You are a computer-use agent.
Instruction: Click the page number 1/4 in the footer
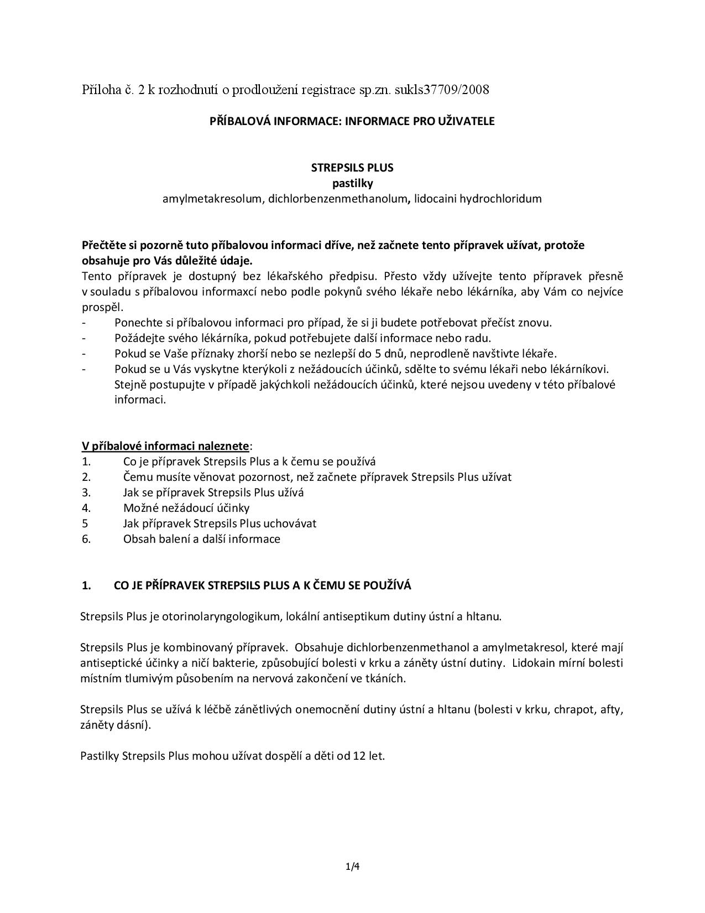coord(352,867)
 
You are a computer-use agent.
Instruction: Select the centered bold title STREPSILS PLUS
coord(352,167)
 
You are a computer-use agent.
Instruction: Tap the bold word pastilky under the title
coord(352,183)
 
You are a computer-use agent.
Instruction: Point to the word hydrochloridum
coord(503,198)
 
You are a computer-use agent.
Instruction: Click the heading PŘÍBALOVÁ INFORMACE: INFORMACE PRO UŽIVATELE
coord(352,121)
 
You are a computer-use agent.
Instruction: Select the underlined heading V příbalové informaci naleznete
coord(165,446)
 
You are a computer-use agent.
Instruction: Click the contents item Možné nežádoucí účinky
coord(186,508)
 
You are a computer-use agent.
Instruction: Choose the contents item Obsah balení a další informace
coord(201,539)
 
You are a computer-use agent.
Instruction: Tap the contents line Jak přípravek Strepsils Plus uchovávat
coord(220,523)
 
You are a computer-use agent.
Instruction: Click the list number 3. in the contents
coord(86,492)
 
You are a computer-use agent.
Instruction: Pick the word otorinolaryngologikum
coord(223,616)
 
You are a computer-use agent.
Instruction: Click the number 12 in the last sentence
coord(359,756)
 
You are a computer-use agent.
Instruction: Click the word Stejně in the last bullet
coord(130,385)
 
